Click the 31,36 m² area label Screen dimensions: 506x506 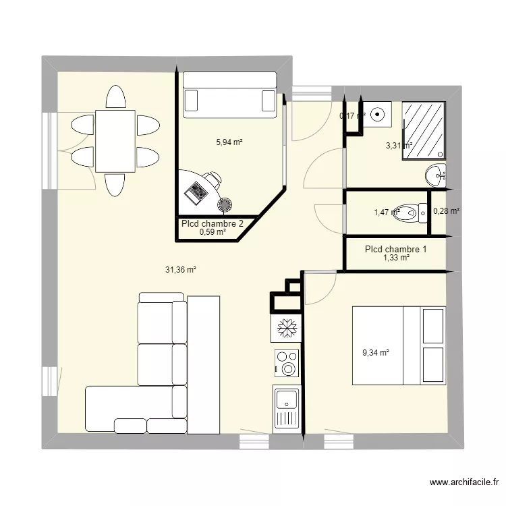point(181,270)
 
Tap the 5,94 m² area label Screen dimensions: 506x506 point(229,142)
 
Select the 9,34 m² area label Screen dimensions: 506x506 point(376,352)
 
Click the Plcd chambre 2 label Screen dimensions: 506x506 point(208,223)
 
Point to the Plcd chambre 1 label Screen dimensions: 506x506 point(395,249)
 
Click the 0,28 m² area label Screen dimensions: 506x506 point(446,211)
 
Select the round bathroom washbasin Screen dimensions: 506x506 point(437,176)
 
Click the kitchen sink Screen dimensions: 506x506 point(286,407)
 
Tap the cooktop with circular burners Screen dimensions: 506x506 point(286,364)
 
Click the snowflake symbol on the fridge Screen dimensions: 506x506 point(286,329)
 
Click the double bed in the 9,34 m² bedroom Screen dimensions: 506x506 point(398,345)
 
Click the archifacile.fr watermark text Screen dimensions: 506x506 point(463,483)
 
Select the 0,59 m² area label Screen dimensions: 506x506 point(213,232)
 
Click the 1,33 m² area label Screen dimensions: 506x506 point(396,257)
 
